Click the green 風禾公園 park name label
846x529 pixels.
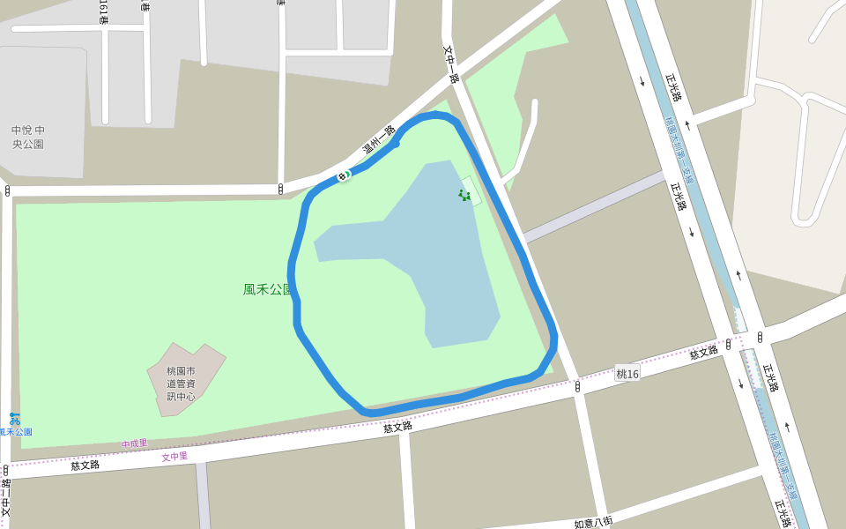coord(267,289)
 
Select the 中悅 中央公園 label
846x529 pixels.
coord(28,137)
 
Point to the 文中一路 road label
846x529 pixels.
coord(451,64)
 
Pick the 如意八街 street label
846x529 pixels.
coord(593,523)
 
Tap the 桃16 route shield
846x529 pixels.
coord(627,374)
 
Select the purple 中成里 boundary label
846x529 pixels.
coord(135,443)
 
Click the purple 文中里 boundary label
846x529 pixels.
coord(174,457)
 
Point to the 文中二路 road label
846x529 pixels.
coord(6,497)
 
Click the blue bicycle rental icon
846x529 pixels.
coord(14,418)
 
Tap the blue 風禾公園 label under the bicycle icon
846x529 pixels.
coord(16,432)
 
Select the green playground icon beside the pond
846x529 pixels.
coord(464,195)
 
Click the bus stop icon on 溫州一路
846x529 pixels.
coord(343,176)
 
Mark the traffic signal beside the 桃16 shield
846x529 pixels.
coord(577,385)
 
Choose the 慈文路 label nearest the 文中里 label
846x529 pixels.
coord(85,465)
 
